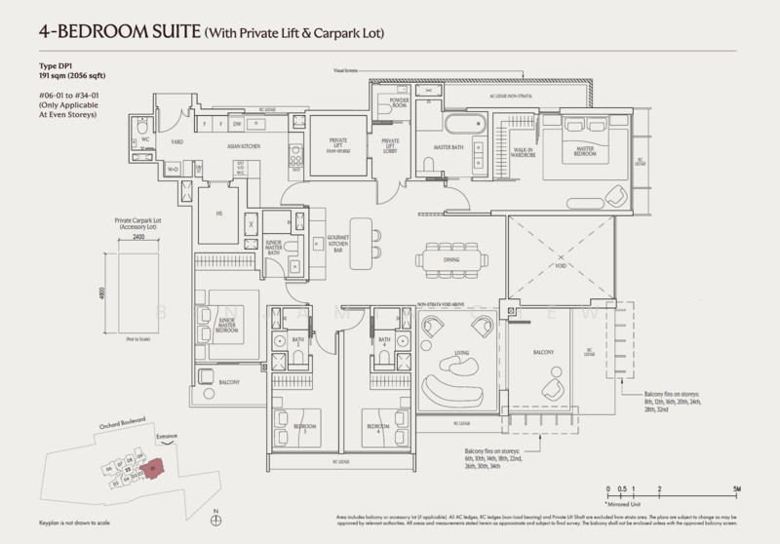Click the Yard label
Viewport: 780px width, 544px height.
coord(177,142)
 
